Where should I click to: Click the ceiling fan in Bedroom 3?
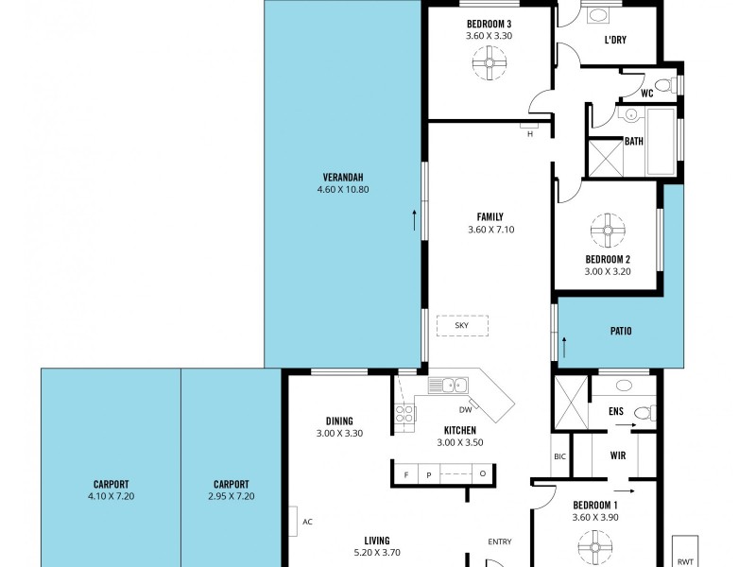tap(489, 65)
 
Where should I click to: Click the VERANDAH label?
tap(343, 178)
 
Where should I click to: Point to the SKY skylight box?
tap(462, 325)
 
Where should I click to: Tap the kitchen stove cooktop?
tap(405, 413)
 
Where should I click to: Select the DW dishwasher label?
tap(465, 410)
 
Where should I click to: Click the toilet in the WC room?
tap(661, 87)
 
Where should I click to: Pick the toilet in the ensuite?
tap(643, 413)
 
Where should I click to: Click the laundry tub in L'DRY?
tap(598, 15)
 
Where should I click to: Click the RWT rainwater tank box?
tap(684, 552)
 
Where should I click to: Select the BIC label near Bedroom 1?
tap(559, 456)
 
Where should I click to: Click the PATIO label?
tap(620, 332)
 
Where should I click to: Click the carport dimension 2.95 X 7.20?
tap(231, 496)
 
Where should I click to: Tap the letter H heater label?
tap(530, 134)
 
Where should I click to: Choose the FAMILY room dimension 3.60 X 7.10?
tap(490, 230)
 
